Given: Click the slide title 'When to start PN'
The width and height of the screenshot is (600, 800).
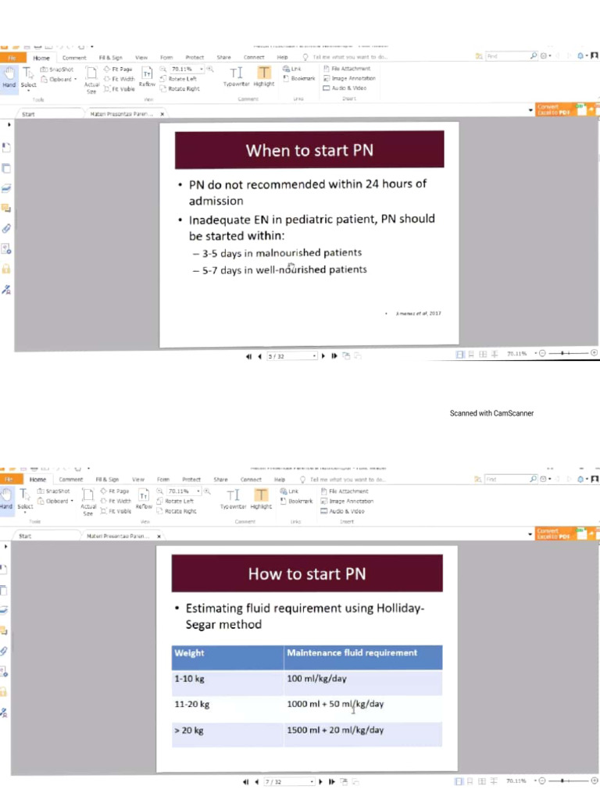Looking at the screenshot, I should pos(309,150).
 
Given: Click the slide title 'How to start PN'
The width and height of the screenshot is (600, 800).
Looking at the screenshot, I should pos(306,574).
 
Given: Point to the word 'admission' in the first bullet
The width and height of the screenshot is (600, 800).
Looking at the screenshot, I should pos(216,201).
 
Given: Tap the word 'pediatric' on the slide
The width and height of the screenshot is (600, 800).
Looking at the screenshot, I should pos(305,219).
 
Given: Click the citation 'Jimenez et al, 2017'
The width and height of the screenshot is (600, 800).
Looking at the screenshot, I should pos(419,313).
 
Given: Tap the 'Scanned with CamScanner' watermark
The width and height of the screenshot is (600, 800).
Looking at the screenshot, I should pos(491,413).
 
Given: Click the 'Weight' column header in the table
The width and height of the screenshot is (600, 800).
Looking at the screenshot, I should pos(190,653).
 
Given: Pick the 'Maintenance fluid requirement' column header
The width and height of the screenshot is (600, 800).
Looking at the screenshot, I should pos(352,653).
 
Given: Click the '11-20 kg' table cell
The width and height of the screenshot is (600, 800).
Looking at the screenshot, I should pos(193,705).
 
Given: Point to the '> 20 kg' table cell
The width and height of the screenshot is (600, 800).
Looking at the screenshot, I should pos(190,730).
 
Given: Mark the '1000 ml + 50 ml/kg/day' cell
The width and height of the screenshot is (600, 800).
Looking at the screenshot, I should pos(335,705).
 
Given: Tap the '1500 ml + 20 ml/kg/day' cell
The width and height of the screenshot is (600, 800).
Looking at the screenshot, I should pos(335,730).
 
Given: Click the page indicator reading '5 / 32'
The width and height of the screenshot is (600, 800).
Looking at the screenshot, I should pos(277,356).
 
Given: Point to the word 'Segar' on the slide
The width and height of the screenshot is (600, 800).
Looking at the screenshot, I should pos(205,624).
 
